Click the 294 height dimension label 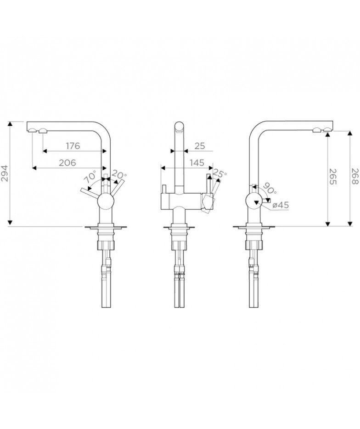[x=5, y=173]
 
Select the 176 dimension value [x=73, y=146]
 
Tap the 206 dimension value [x=67, y=163]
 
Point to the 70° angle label [x=90, y=177]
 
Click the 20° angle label [x=119, y=174]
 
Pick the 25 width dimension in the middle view [x=200, y=146]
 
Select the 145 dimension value [x=197, y=163]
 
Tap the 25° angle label [x=220, y=174]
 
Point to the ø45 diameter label [x=281, y=205]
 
